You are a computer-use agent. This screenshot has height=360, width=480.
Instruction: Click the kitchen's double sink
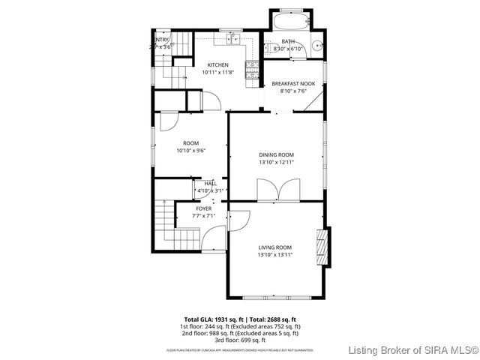pos(233,37)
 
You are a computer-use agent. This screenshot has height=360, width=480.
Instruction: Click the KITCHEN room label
pos(218,65)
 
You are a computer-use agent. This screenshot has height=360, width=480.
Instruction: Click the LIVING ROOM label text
pos(275,247)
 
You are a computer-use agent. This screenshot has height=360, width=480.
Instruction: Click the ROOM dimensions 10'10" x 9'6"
pos(190,150)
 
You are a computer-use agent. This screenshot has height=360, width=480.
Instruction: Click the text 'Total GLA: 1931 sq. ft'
pos(213,319)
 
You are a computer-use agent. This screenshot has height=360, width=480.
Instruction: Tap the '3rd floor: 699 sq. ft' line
pos(242,339)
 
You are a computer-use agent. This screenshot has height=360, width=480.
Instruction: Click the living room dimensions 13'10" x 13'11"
pos(275,254)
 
